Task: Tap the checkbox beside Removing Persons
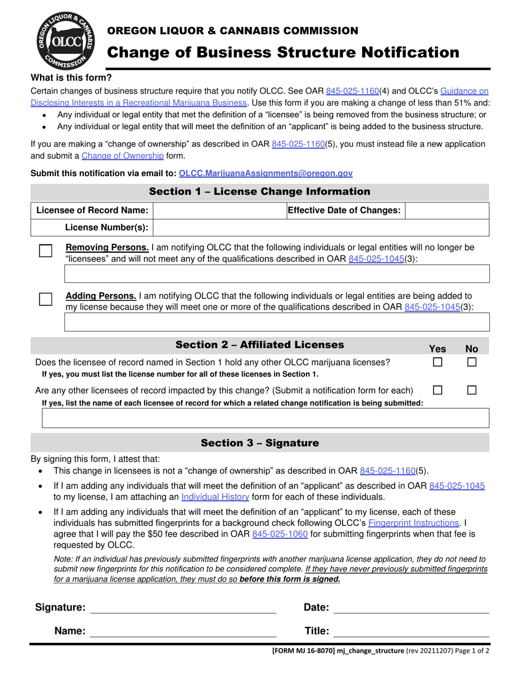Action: (x=46, y=251)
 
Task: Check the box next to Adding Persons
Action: (x=46, y=299)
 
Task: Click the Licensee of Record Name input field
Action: (x=219, y=211)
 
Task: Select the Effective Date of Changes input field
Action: (x=447, y=211)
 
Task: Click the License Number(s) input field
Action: (x=321, y=228)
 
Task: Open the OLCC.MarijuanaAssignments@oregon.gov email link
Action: (x=265, y=173)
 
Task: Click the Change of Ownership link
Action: (x=123, y=156)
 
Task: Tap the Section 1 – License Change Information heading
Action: (x=259, y=192)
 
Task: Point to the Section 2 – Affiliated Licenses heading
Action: (x=259, y=345)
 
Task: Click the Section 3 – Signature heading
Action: (x=259, y=443)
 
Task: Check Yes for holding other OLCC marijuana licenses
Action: (x=438, y=362)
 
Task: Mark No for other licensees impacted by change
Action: (x=472, y=391)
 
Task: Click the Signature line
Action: (x=183, y=607)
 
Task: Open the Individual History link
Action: (x=215, y=497)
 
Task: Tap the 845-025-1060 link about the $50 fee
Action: (x=280, y=533)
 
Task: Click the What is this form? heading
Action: (x=71, y=78)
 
